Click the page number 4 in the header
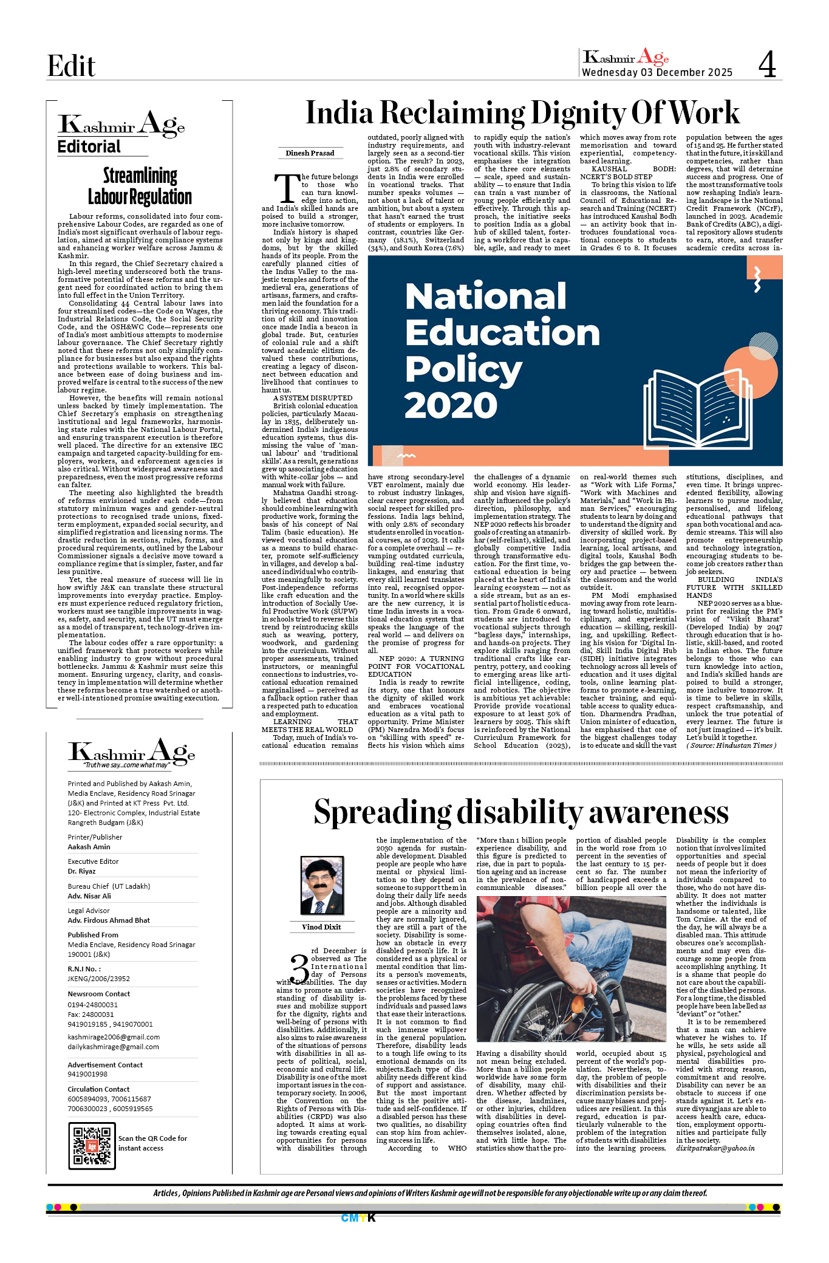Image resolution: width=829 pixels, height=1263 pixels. (x=767, y=64)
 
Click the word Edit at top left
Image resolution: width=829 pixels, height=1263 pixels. (x=71, y=66)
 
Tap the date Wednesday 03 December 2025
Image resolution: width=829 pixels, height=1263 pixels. (x=657, y=72)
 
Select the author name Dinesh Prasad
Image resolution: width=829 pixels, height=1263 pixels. (x=310, y=153)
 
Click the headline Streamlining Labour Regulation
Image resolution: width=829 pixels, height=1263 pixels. (x=140, y=187)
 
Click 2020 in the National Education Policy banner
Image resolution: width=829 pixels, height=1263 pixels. (x=451, y=405)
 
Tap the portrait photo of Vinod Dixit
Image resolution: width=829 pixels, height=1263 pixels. (x=322, y=885)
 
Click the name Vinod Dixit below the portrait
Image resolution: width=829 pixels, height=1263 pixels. (x=321, y=927)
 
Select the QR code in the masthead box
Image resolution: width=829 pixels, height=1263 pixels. (x=92, y=1146)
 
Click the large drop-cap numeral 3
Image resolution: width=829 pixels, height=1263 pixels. (x=299, y=968)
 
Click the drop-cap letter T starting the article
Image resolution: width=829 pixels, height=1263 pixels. (x=286, y=189)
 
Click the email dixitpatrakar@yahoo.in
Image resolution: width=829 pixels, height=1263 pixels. (x=715, y=1148)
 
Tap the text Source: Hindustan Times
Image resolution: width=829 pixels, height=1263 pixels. (x=731, y=745)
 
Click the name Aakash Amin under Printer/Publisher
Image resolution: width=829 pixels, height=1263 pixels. (x=89, y=847)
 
